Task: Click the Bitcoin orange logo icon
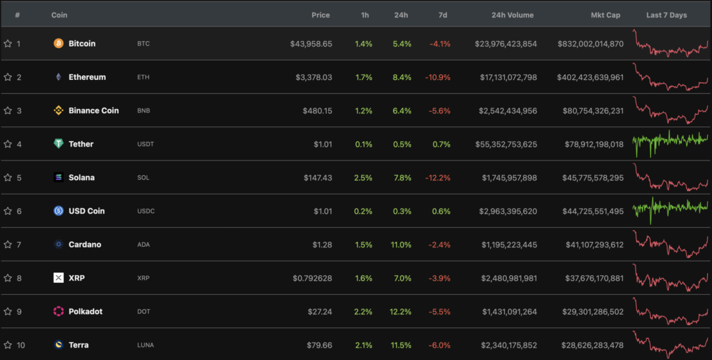coord(58,44)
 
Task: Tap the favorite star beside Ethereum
coord(8,77)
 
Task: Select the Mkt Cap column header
coord(605,15)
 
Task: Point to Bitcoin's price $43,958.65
coord(311,44)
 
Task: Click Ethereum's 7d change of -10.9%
coord(437,77)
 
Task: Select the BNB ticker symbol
coord(144,111)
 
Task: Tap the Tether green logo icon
coord(58,144)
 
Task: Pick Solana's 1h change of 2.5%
coord(363,177)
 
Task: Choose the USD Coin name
coord(86,211)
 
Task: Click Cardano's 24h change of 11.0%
coord(401,245)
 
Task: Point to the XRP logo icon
coord(58,278)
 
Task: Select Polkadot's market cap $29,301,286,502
coord(590,311)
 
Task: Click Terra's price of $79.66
coord(317,345)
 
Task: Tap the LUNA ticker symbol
coord(146,345)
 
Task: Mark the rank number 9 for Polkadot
coord(19,311)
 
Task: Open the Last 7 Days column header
coord(666,15)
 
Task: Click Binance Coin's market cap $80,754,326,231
coord(590,111)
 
